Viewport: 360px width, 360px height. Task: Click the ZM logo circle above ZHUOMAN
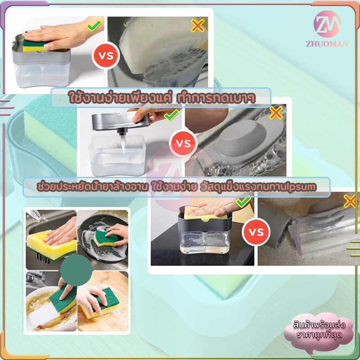click(x=327, y=24)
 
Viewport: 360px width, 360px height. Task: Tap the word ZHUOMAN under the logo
click(x=327, y=44)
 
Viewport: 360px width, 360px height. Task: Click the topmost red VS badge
click(x=106, y=55)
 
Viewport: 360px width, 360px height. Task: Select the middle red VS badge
click(x=183, y=144)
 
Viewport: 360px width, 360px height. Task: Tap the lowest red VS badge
click(x=256, y=232)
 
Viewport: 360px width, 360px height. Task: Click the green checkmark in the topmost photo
click(x=94, y=26)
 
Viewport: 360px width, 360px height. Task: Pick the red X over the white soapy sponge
click(x=198, y=26)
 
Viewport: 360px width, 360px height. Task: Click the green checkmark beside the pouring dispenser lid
click(x=172, y=115)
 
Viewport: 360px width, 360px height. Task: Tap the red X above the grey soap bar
click(x=276, y=113)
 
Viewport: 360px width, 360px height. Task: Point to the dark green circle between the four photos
click(x=76, y=270)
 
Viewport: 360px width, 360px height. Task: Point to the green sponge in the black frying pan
click(x=106, y=238)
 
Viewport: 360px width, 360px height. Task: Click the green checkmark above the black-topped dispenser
click(x=243, y=202)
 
